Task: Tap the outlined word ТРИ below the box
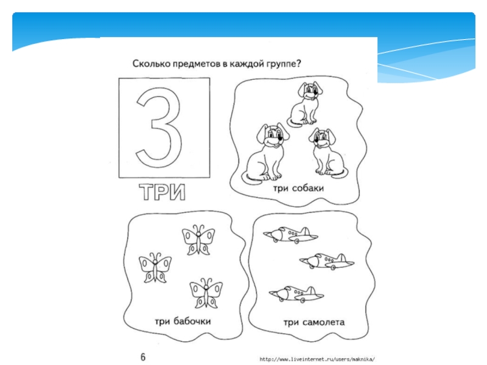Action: (x=162, y=192)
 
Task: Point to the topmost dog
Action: (x=305, y=103)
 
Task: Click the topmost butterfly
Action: (x=198, y=240)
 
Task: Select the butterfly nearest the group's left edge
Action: (x=155, y=268)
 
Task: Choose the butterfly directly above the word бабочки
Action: (x=206, y=293)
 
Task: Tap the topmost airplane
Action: (x=290, y=235)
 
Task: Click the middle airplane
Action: (x=327, y=262)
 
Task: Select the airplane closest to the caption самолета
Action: (x=296, y=294)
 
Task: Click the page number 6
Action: (x=143, y=356)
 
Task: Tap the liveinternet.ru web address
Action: (x=317, y=360)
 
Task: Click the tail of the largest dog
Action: (x=251, y=179)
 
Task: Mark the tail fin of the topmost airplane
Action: (x=305, y=232)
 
